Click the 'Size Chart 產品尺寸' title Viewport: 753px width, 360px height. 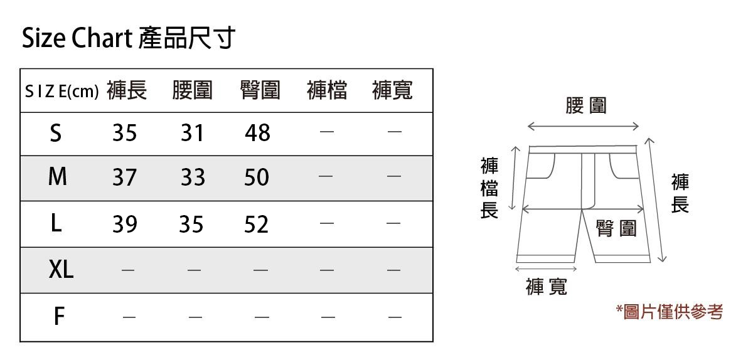click(128, 39)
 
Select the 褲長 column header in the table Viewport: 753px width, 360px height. click(127, 91)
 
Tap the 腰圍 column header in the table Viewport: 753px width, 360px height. click(193, 91)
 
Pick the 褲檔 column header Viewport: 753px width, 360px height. click(327, 91)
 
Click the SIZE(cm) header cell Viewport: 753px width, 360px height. click(61, 92)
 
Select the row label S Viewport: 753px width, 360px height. click(56, 133)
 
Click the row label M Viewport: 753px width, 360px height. click(57, 177)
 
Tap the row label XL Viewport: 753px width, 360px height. click(61, 270)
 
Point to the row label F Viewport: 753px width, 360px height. click(58, 317)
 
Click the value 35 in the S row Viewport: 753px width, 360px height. click(125, 133)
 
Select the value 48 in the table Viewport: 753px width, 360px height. click(257, 133)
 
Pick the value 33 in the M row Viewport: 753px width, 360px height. click(193, 178)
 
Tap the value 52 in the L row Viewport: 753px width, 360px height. click(256, 224)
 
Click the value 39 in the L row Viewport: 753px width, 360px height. click(125, 224)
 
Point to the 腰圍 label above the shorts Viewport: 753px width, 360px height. click(585, 105)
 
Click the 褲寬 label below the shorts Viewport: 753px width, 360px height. click(546, 287)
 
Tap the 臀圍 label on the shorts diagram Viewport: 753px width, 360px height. click(616, 229)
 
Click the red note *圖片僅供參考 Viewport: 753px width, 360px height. click(670, 312)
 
